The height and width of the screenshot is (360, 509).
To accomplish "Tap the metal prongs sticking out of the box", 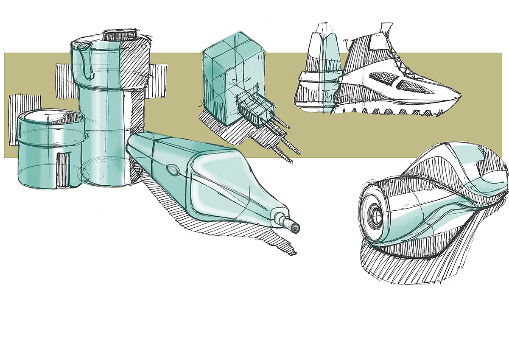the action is click(x=284, y=135).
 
